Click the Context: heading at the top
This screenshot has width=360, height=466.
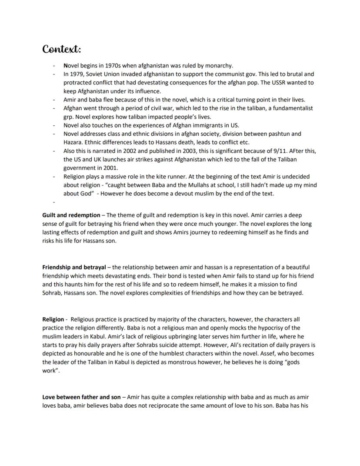[x=62, y=49]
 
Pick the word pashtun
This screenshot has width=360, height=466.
[x=290, y=134]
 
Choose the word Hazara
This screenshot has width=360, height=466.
[x=73, y=142]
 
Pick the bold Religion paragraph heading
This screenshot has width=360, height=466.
[x=53, y=319]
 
